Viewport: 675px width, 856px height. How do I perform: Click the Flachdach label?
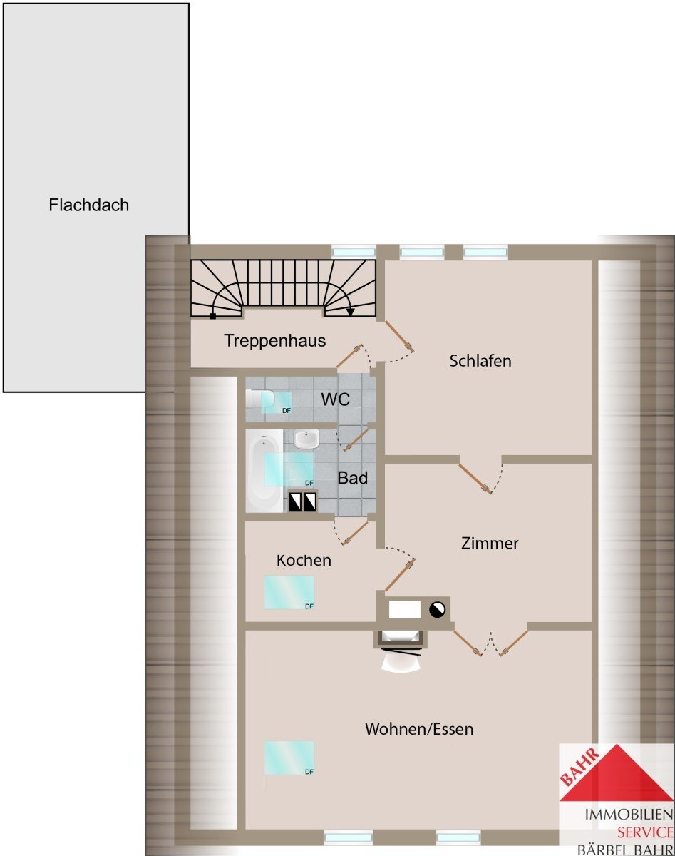point(88,205)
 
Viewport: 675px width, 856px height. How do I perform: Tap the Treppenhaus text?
point(274,341)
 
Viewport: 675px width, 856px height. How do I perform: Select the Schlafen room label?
point(480,361)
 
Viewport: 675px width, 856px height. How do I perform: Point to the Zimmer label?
point(490,544)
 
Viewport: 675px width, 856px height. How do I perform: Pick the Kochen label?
point(304,561)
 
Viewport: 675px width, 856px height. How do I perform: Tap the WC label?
point(336,399)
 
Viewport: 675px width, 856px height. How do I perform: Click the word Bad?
point(353,478)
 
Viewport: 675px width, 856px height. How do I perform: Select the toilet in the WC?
point(259,399)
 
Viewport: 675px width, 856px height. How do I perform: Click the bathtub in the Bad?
point(264,471)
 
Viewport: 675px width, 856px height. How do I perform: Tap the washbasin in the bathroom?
point(306,439)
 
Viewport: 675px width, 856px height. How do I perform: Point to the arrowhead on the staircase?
point(350,312)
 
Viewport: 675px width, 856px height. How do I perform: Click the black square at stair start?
point(213,316)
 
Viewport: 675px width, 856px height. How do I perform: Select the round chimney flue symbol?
point(437,609)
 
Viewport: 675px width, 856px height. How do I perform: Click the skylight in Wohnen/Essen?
point(289,758)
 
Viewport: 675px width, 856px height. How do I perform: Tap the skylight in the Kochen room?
point(289,592)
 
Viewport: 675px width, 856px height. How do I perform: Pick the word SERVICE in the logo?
point(645,832)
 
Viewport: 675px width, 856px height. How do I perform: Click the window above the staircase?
point(354,253)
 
